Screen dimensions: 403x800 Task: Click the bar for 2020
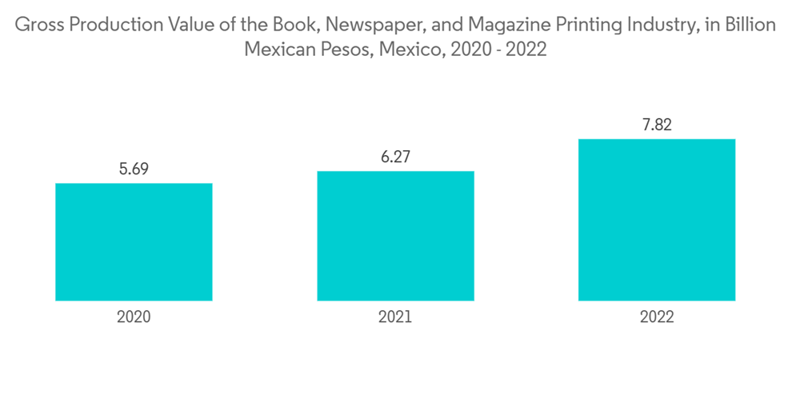tap(134, 241)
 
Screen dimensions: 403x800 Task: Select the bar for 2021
tap(395, 236)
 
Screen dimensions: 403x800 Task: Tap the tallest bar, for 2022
tap(657, 220)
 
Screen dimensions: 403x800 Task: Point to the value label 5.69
tap(134, 169)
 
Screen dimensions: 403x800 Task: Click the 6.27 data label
tap(395, 157)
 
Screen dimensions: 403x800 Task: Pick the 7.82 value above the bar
tap(657, 125)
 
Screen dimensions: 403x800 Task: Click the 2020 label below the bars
tap(134, 317)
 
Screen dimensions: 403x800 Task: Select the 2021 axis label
tap(395, 317)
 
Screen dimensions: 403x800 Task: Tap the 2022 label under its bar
tap(657, 317)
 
